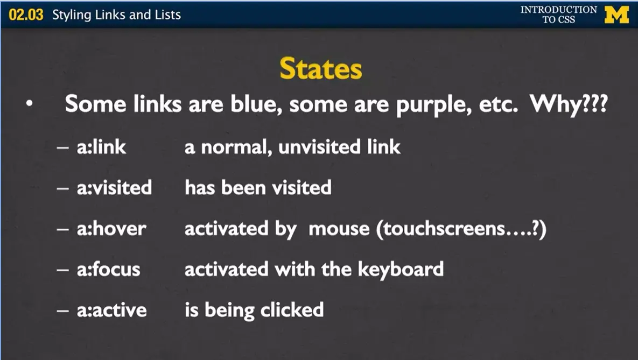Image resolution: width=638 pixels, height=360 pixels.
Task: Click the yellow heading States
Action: pyautogui.click(x=321, y=69)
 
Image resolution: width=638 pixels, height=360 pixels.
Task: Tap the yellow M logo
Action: pyautogui.click(x=617, y=15)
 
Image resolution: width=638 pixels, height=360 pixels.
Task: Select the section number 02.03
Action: pyautogui.click(x=26, y=15)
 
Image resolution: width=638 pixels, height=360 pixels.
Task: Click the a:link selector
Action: pyautogui.click(x=101, y=147)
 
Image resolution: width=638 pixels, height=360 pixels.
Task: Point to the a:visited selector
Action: pyautogui.click(x=114, y=187)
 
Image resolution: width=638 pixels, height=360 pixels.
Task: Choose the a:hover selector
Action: pyautogui.click(x=111, y=228)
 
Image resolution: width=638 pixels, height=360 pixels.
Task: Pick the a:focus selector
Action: pyautogui.click(x=109, y=269)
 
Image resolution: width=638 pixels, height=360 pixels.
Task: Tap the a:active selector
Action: pyautogui.click(x=112, y=310)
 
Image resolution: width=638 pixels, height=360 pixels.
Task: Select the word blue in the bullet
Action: pyautogui.click(x=256, y=104)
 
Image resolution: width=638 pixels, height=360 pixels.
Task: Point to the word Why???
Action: pyautogui.click(x=569, y=104)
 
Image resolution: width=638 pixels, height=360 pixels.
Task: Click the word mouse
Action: pyautogui.click(x=339, y=229)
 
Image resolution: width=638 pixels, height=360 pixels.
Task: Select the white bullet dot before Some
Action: pyautogui.click(x=29, y=104)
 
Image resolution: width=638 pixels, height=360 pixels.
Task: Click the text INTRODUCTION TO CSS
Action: pyautogui.click(x=559, y=14)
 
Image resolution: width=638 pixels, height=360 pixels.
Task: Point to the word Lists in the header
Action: pyautogui.click(x=167, y=15)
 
